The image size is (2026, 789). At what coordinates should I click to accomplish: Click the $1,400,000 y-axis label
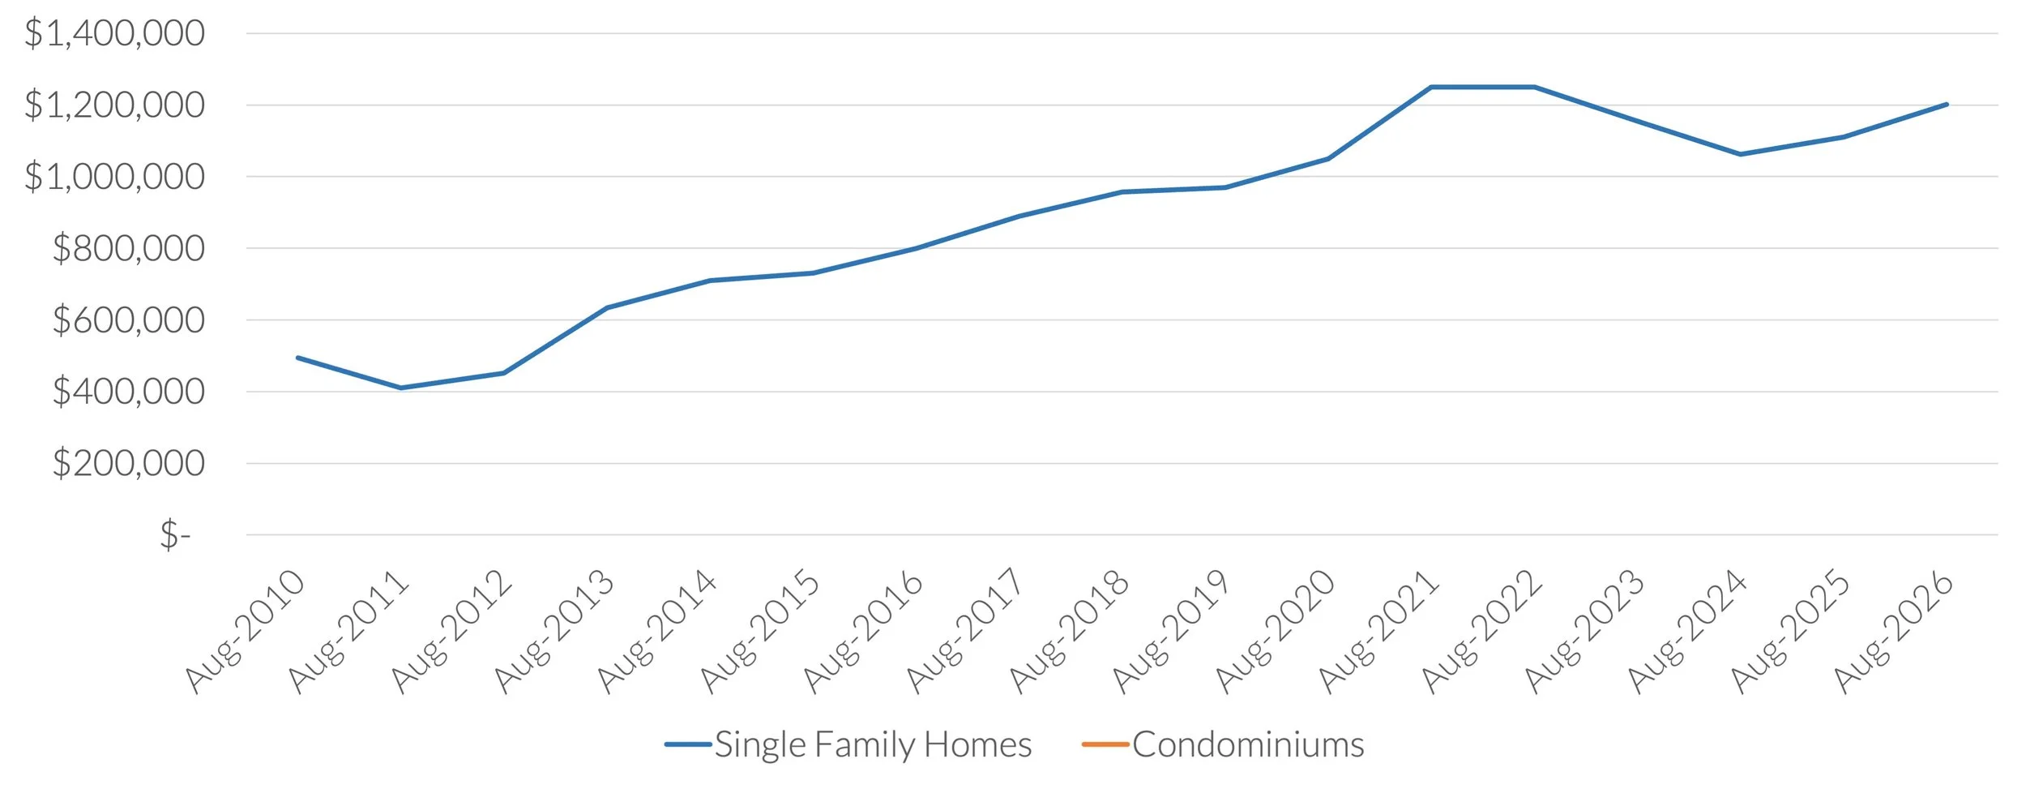tap(114, 34)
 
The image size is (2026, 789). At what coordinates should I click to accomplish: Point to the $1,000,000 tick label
tap(114, 177)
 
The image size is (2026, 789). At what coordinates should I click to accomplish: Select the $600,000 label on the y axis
tap(128, 320)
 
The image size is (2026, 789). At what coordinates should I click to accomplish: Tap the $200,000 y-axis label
tap(128, 464)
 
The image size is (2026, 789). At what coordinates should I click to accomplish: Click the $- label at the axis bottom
tap(175, 535)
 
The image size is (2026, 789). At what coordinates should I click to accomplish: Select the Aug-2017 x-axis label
tap(965, 632)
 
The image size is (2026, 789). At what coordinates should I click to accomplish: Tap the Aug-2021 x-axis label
tap(1378, 632)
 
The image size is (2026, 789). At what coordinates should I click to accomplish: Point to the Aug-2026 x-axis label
tap(1894, 632)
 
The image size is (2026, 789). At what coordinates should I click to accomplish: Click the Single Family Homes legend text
tap(873, 744)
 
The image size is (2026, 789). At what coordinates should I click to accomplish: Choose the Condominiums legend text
tap(1248, 744)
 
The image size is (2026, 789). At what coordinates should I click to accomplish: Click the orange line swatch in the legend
tap(1105, 744)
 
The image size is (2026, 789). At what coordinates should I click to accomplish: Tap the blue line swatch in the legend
tap(688, 744)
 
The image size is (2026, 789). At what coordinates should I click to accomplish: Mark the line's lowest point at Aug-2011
tap(401, 388)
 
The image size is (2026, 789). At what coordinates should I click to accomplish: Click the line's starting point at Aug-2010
tap(298, 358)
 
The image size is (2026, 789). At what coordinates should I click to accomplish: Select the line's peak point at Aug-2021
tap(1431, 87)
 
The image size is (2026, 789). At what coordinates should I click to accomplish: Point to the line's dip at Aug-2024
tap(1741, 154)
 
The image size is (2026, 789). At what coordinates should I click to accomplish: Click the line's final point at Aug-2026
tap(1947, 105)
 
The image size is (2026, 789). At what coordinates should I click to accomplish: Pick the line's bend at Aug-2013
tap(607, 308)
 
